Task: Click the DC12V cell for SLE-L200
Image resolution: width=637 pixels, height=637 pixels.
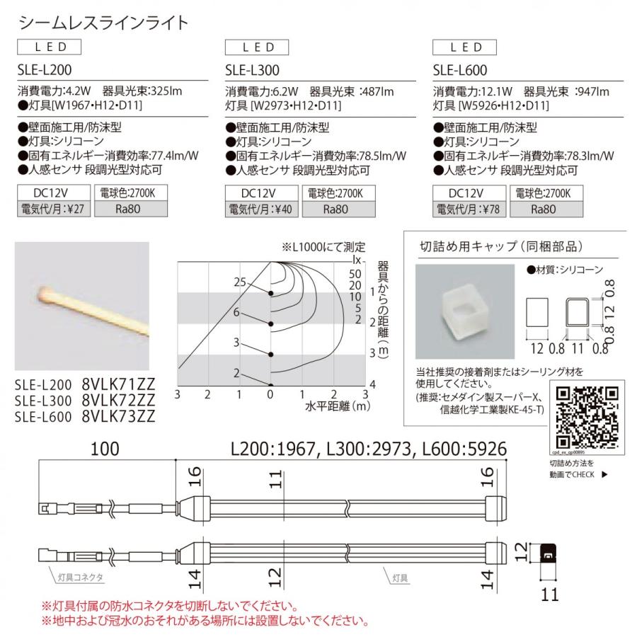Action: coord(54,193)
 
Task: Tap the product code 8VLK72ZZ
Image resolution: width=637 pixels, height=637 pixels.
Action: coord(118,401)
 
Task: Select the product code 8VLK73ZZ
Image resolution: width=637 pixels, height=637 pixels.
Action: coord(118,417)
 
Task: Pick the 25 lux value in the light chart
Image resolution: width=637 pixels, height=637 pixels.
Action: coord(239,282)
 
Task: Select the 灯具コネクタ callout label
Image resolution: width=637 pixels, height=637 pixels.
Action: coord(80,578)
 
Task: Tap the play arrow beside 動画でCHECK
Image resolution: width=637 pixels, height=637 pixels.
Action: coord(604,475)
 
